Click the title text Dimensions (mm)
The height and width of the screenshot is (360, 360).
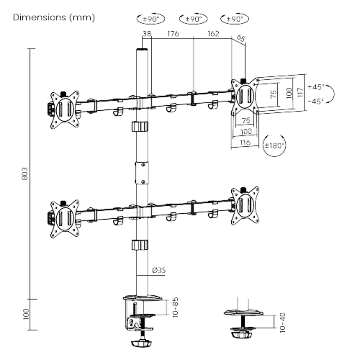[54, 18]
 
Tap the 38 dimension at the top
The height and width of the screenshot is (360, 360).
[146, 33]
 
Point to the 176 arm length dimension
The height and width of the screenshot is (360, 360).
[173, 33]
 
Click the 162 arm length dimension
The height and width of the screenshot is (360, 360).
[213, 33]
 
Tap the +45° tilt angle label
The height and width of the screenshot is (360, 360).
[316, 86]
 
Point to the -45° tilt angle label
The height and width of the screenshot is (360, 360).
[316, 101]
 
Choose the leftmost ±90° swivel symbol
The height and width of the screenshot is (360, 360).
[151, 19]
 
